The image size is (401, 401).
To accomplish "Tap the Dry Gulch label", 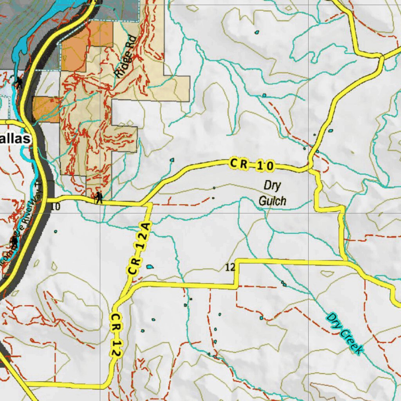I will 273,193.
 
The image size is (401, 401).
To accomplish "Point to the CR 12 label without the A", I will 115,334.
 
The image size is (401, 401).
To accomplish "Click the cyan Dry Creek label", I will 344,334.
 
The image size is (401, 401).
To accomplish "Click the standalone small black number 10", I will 55,207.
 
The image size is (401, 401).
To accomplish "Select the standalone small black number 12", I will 230,267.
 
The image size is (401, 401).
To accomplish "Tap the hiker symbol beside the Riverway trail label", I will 15,241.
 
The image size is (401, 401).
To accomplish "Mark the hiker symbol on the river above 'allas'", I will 18,83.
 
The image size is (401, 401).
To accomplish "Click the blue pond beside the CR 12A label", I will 150,267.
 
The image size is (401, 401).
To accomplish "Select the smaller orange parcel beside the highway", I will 46,109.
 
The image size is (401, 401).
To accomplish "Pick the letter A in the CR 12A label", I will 145,236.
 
